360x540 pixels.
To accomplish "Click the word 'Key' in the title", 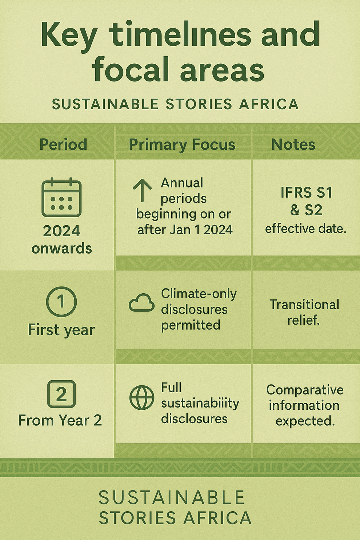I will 69,35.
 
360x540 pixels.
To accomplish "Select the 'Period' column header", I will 63,144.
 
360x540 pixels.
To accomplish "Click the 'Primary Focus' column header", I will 182,144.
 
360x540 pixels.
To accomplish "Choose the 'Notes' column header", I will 293,144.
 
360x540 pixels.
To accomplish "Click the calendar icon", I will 61,197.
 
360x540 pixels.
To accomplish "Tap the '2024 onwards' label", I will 61,239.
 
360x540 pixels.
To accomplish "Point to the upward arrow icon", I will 142,190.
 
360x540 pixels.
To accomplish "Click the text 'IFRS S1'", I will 306,192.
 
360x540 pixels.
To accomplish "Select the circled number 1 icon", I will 61,302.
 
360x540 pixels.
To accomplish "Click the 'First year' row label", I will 61,330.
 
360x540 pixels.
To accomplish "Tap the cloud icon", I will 141,303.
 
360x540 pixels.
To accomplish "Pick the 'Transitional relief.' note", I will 304,312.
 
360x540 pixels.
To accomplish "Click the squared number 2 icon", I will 61,394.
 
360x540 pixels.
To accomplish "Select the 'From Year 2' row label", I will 60,420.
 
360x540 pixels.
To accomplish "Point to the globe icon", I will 141,397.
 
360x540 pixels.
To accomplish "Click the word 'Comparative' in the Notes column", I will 305,390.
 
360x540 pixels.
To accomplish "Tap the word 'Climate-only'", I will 199,294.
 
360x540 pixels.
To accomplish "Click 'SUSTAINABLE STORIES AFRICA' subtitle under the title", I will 175,104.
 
